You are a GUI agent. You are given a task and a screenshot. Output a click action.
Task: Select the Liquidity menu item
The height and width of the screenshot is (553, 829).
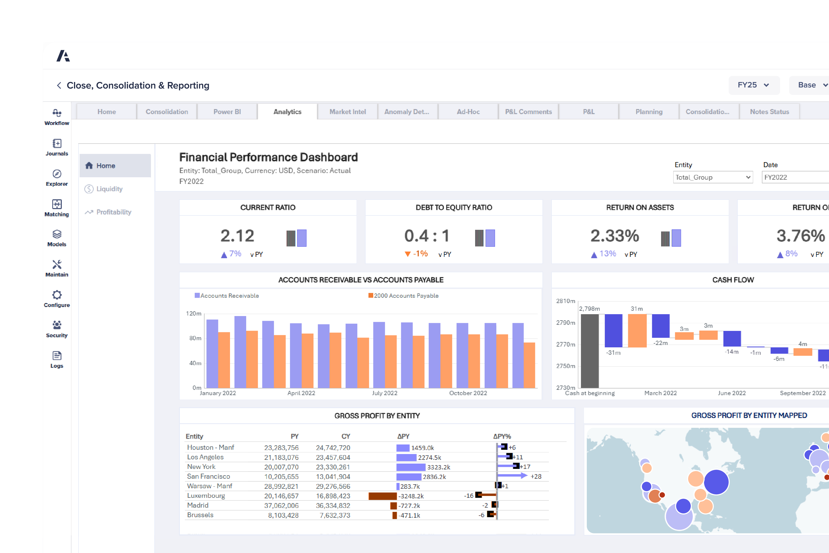tap(109, 189)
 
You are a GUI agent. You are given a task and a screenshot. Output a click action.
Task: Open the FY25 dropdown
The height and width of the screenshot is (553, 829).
tap(753, 85)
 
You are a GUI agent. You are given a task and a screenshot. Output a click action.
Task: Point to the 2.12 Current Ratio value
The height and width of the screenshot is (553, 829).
tap(237, 236)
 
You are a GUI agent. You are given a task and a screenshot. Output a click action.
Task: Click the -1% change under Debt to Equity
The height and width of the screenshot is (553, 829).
tap(420, 254)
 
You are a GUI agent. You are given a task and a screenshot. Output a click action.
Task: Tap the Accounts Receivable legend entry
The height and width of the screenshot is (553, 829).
tap(229, 296)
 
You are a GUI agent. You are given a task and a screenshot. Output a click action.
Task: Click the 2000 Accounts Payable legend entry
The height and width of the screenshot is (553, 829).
tap(406, 296)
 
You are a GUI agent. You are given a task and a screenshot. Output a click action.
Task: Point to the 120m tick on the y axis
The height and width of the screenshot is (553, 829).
tap(194, 314)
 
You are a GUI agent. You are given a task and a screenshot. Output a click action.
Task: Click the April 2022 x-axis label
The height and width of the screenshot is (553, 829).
tap(301, 393)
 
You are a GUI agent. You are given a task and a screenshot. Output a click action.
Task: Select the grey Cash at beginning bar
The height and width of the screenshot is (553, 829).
tap(589, 351)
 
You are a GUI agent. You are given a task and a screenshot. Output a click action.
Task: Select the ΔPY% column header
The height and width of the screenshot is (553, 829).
tap(502, 437)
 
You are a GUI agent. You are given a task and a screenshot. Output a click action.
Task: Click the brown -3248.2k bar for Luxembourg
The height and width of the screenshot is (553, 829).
tap(382, 496)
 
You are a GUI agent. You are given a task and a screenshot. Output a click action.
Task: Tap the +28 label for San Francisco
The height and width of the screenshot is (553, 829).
tap(536, 477)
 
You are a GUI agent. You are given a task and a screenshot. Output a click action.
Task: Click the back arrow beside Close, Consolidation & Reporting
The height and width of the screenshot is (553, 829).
tap(59, 86)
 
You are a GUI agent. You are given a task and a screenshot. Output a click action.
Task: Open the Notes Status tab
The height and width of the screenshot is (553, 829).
tap(769, 112)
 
